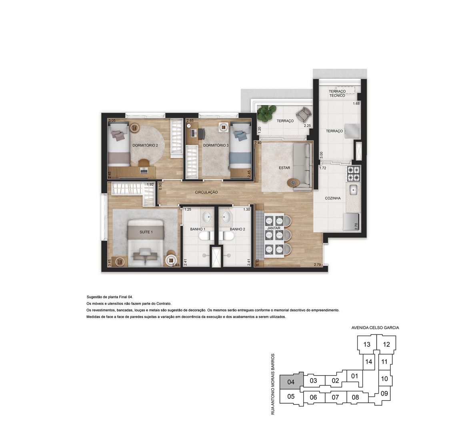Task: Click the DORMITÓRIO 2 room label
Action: click(x=145, y=145)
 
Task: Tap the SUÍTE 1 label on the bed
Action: click(x=146, y=232)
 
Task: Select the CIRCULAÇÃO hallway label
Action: click(x=206, y=192)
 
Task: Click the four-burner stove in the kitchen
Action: click(x=353, y=174)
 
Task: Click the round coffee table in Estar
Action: click(x=292, y=182)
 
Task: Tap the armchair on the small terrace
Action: click(x=304, y=114)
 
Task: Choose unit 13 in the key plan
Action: click(x=367, y=344)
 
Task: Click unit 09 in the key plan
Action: click(x=384, y=394)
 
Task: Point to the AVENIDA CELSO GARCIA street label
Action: click(x=375, y=328)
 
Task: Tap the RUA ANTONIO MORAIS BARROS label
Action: click(x=272, y=384)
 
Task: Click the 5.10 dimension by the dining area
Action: click(x=258, y=262)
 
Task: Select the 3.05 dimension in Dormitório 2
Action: click(x=112, y=121)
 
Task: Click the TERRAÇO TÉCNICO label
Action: click(x=337, y=94)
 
